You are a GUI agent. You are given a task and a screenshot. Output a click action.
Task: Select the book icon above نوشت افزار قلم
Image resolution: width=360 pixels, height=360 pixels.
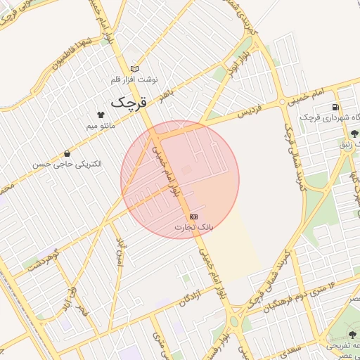(x=135, y=69)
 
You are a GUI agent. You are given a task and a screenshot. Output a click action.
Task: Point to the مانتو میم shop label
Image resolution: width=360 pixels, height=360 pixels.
(x=101, y=125)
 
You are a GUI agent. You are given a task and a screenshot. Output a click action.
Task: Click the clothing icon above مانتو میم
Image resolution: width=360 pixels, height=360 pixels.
(x=101, y=114)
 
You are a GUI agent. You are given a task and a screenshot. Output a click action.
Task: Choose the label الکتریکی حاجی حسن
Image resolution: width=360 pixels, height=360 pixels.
(x=67, y=164)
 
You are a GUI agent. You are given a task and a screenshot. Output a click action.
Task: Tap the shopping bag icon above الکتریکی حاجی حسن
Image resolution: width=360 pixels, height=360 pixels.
(x=67, y=153)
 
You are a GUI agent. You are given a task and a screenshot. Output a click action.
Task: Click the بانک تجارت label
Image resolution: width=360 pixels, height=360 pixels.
(x=193, y=228)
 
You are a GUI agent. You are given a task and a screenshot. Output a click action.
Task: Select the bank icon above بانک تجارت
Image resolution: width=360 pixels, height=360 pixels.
(x=193, y=217)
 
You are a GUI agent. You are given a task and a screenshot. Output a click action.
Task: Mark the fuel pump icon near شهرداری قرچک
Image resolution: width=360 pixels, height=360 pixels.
(x=335, y=107)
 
